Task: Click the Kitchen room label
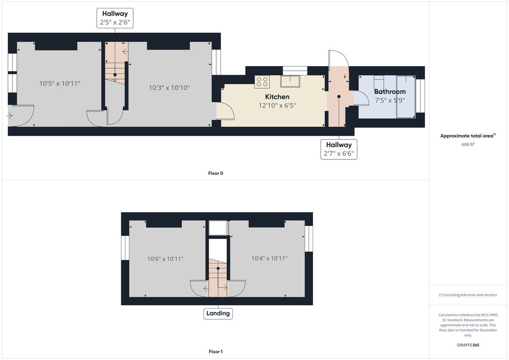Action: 277,97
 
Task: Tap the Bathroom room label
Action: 389,92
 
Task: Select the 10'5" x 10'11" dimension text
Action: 60,84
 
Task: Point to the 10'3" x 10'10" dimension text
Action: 169,88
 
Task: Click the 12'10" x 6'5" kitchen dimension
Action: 277,106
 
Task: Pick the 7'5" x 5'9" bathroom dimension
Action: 389,100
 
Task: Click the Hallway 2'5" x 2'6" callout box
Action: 115,18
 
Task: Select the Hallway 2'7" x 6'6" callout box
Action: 338,149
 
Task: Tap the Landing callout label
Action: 218,313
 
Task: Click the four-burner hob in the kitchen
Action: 262,82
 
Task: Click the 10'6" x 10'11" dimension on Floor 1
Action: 165,259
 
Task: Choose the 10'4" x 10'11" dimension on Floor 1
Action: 269,258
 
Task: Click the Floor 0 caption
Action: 215,173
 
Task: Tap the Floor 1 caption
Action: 215,352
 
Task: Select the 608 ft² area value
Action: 467,144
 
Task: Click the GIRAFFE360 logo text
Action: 467,345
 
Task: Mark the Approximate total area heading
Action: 467,136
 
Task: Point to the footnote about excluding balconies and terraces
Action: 467,295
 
